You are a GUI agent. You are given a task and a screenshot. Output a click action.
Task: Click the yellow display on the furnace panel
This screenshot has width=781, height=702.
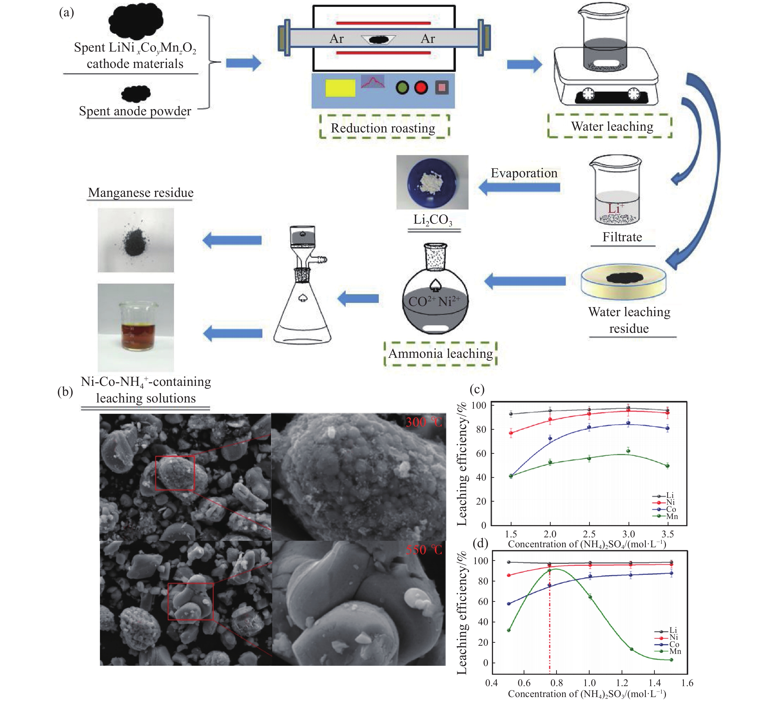coord(340,88)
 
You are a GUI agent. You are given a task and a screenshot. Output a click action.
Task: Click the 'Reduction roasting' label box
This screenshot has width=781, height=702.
coord(384,127)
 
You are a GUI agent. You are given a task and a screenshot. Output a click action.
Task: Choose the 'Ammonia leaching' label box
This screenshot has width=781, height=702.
coord(440,353)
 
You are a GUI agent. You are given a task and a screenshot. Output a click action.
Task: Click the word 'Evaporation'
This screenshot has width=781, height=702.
coord(524,173)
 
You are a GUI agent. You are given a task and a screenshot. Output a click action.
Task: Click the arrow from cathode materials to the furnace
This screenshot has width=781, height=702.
coord(243,63)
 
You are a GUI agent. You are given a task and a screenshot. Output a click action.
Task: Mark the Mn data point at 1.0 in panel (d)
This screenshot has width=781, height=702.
coord(590,597)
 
